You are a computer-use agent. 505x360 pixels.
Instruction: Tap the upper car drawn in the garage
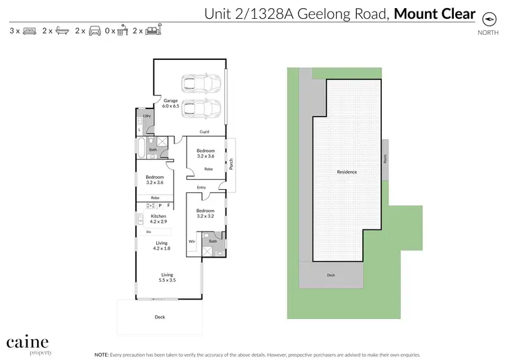click(201, 84)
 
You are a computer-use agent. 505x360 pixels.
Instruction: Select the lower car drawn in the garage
click(201, 108)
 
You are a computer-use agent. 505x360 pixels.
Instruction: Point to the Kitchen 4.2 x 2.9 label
click(158, 218)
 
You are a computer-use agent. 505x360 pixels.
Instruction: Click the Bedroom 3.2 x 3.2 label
click(205, 213)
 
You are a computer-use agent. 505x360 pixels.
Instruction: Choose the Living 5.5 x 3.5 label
click(167, 277)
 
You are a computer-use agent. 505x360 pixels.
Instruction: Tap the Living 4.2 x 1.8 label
click(162, 245)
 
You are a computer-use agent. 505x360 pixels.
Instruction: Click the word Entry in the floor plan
click(201, 187)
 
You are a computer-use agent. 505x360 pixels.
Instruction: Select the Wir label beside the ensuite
click(191, 240)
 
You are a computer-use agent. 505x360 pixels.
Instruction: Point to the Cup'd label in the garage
click(205, 131)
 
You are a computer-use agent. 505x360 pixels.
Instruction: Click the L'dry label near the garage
click(146, 116)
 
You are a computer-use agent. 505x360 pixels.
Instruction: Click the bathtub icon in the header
click(61, 31)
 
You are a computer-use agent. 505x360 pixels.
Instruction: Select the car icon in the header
click(94, 31)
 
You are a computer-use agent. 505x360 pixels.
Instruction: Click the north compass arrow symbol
click(483, 21)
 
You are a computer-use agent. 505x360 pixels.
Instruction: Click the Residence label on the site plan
click(347, 172)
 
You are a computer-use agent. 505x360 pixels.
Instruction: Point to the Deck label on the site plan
click(331, 275)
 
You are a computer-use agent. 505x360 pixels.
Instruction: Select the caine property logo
click(28, 345)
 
